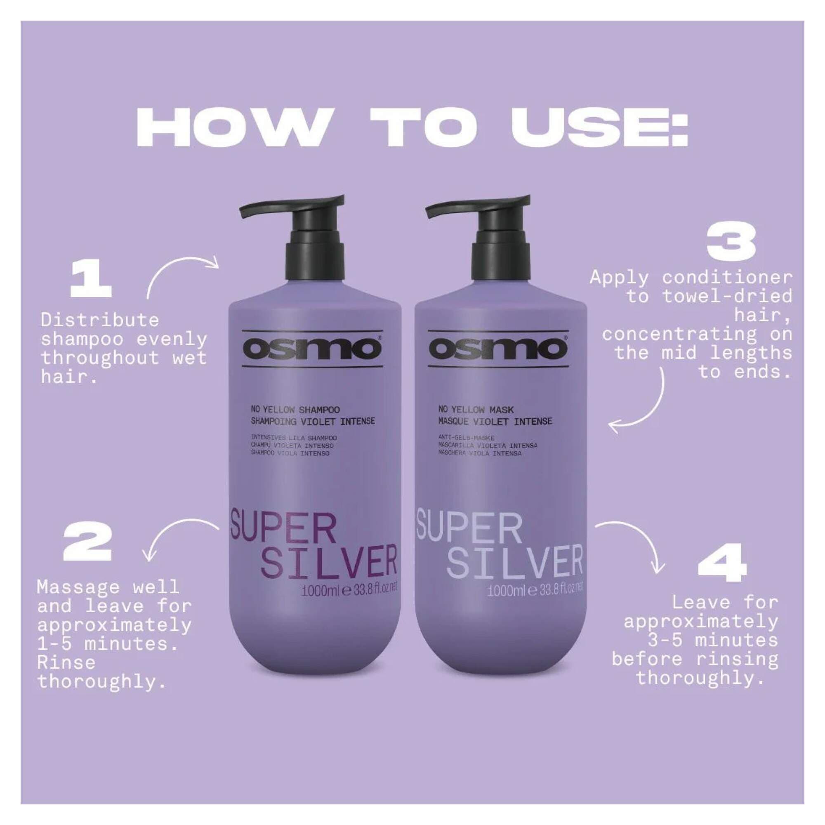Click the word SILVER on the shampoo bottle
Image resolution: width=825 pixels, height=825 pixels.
[329, 561]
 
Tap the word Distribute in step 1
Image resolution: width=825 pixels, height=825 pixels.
[99, 320]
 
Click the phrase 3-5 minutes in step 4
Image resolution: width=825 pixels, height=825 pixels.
[711, 640]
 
